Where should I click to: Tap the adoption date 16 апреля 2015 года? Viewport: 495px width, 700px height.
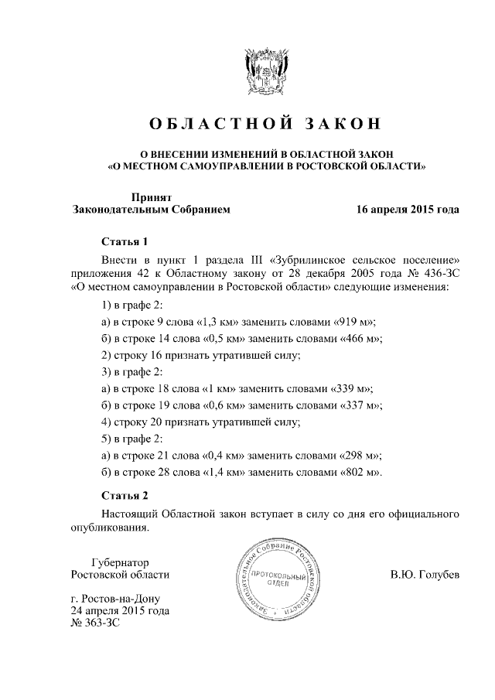[407, 210]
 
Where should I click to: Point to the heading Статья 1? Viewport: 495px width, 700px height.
[124, 241]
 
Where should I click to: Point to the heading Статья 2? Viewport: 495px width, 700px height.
[124, 494]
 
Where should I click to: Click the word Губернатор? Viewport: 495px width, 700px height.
[119, 562]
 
